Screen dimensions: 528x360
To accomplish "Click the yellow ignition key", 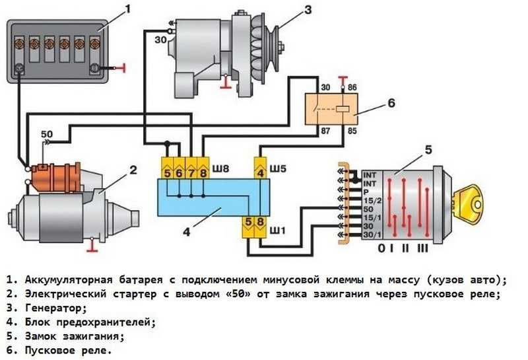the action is pyautogui.click(x=468, y=204).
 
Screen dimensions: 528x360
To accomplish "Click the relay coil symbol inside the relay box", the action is pyautogui.click(x=343, y=109).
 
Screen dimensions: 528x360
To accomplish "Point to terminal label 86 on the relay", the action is pyautogui.click(x=352, y=88).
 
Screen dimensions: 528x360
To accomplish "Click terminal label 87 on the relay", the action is pyautogui.click(x=325, y=130).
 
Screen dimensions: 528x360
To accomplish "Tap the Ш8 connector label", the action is pyautogui.click(x=220, y=168).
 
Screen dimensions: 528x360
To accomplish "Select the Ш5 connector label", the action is pyautogui.click(x=278, y=168).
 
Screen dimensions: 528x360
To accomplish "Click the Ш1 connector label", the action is pyautogui.click(x=277, y=231).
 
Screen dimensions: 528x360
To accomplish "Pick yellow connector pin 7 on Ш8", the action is pyautogui.click(x=191, y=168).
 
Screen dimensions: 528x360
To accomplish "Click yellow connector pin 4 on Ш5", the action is pyautogui.click(x=261, y=168).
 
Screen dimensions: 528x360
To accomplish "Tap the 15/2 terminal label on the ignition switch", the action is pyautogui.click(x=372, y=201).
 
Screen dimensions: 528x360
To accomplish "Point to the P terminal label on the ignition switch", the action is pyautogui.click(x=366, y=192).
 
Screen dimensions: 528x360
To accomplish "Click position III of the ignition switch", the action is pyautogui.click(x=422, y=248).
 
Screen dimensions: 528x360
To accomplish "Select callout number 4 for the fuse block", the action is pyautogui.click(x=187, y=232).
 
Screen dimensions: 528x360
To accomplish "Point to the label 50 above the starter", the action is pyautogui.click(x=47, y=134).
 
